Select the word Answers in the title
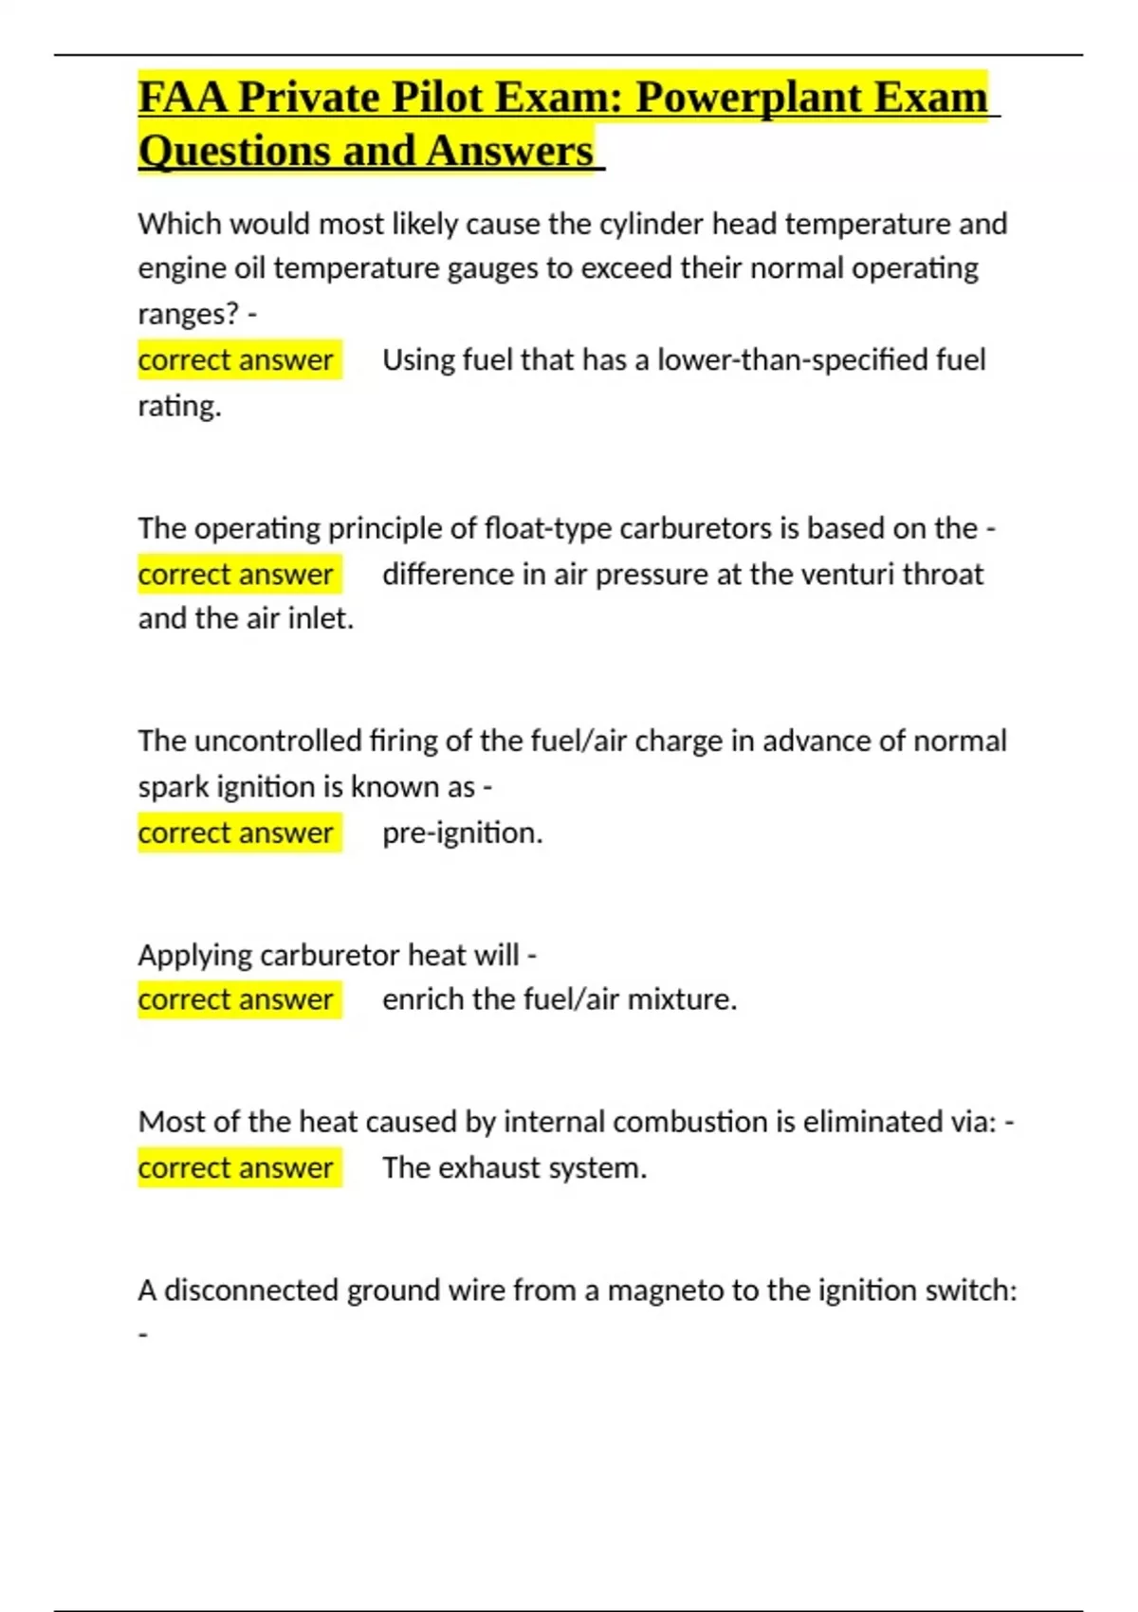click(x=509, y=152)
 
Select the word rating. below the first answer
click(x=179, y=406)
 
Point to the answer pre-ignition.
click(x=462, y=833)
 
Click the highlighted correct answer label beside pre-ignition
click(x=236, y=833)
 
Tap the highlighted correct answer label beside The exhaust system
click(x=236, y=1168)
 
